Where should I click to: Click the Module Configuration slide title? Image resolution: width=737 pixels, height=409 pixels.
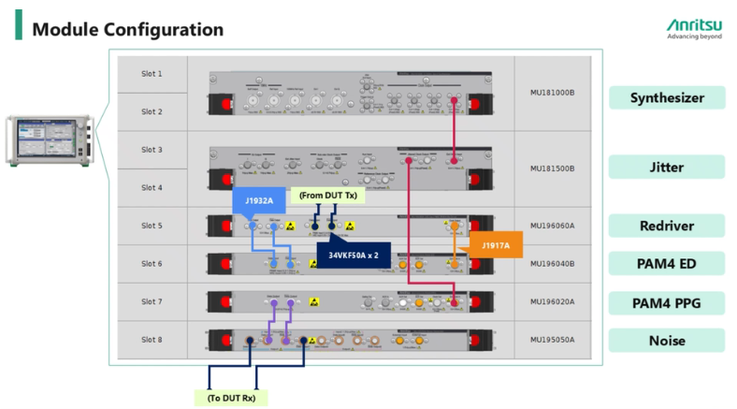[128, 29]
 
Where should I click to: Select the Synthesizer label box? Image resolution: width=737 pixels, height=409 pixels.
[665, 97]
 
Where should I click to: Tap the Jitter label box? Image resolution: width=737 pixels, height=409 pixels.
[665, 168]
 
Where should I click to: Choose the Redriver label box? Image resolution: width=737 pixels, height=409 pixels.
[665, 226]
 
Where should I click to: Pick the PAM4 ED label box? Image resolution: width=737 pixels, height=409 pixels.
[665, 264]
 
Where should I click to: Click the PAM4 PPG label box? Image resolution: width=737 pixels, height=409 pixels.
[665, 302]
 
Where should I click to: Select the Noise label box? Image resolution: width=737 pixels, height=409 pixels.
[665, 341]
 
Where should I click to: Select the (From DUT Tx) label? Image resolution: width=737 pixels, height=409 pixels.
[326, 195]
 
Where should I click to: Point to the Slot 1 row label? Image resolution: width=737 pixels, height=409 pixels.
[152, 73]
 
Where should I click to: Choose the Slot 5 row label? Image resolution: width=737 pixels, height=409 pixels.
[152, 226]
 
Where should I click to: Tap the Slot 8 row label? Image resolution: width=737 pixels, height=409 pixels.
[152, 340]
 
